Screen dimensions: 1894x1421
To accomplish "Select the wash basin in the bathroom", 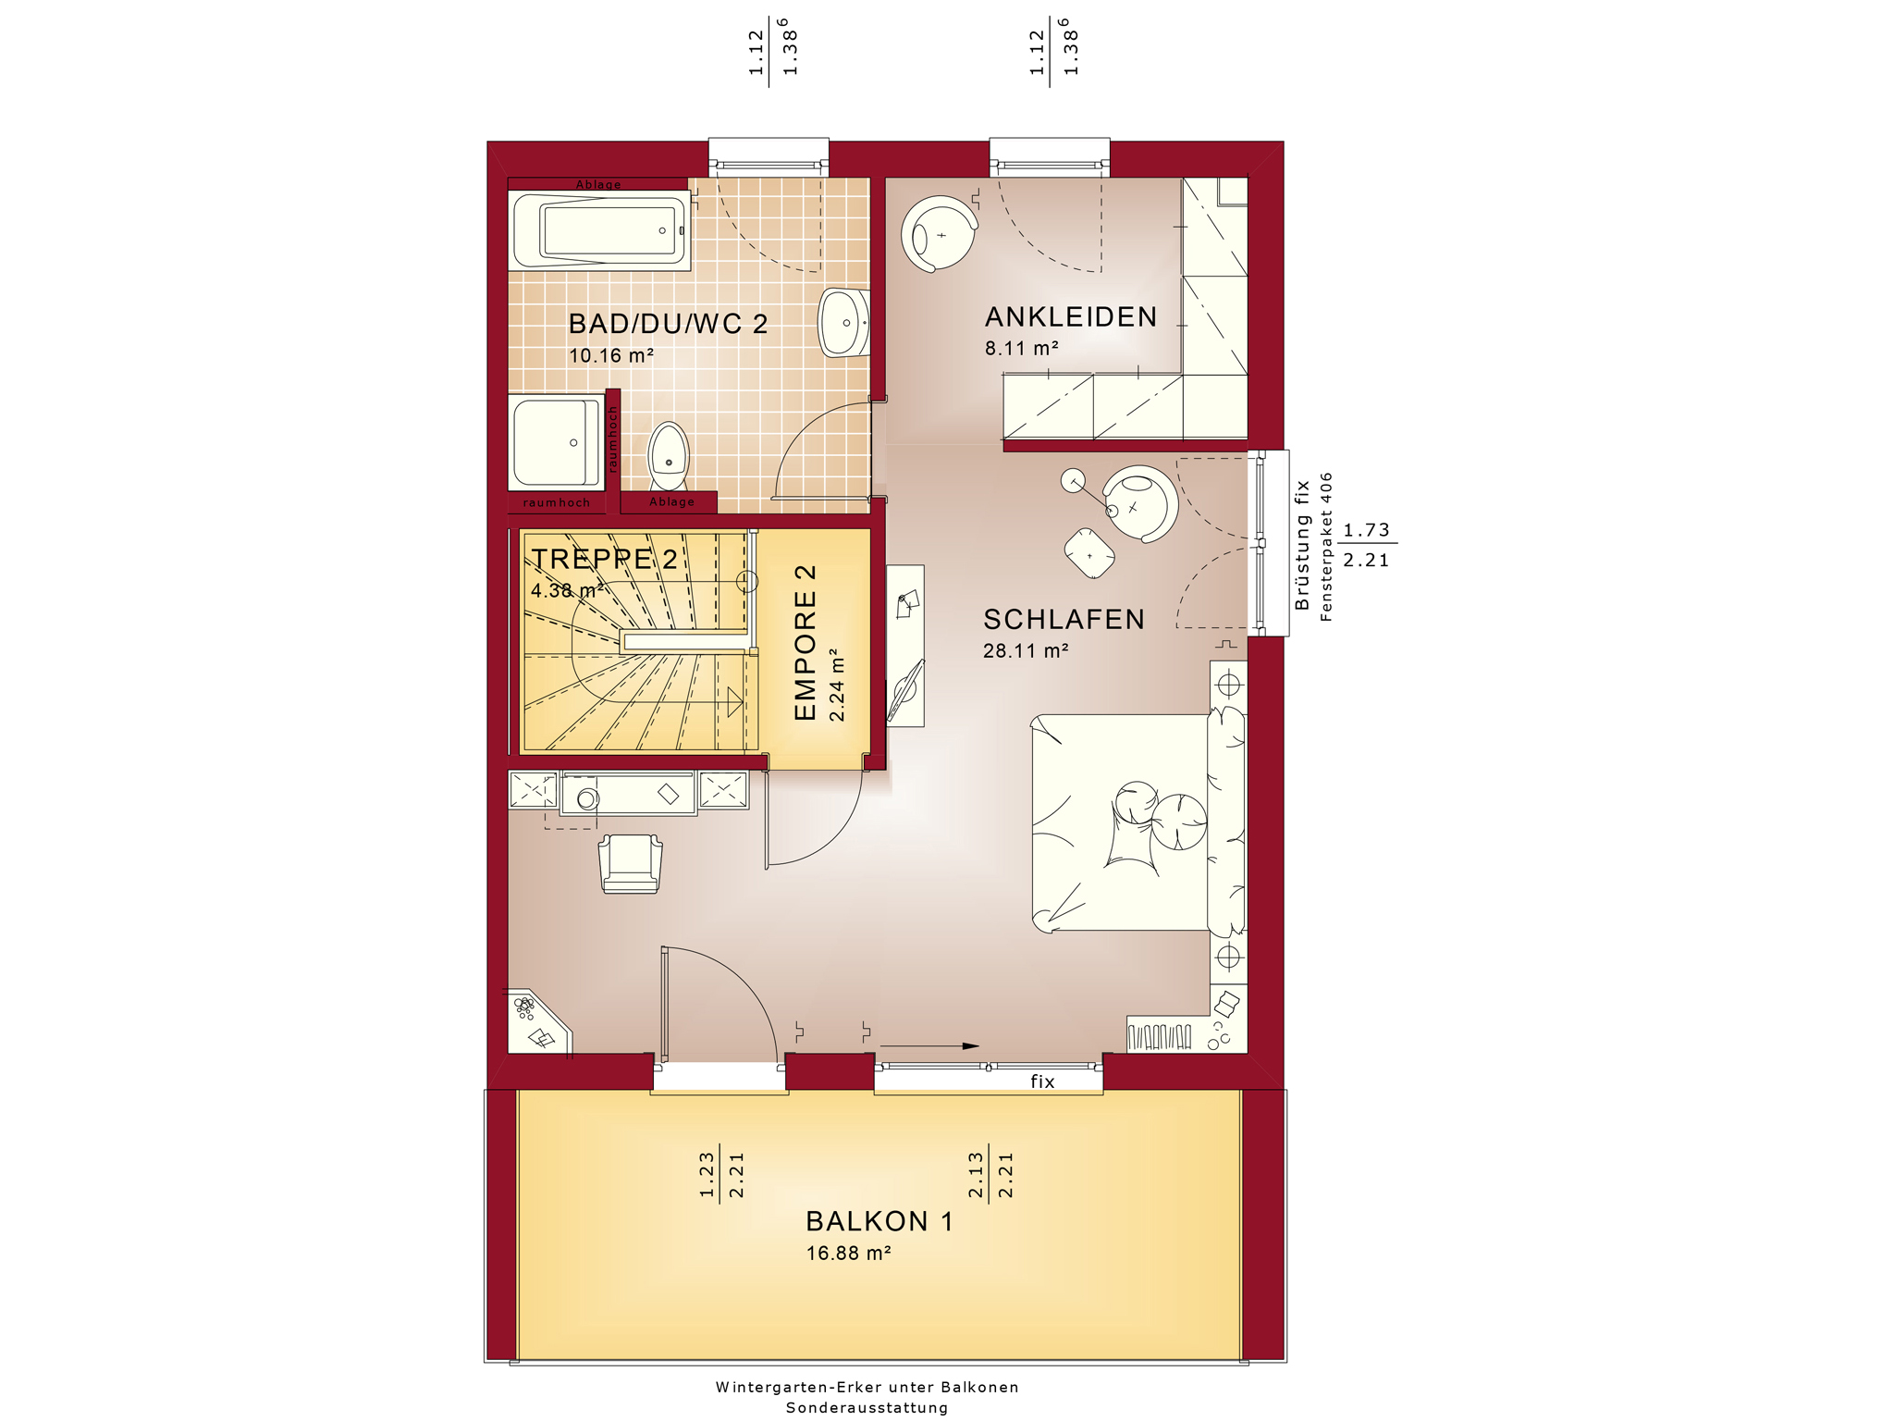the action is click(x=844, y=323).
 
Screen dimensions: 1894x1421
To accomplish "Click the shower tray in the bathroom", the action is click(x=556, y=442).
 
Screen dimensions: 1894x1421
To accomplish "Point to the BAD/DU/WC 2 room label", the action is click(x=668, y=324).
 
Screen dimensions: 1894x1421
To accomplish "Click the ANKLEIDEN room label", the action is click(x=1071, y=317).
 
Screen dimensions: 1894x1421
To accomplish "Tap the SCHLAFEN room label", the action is click(x=1064, y=619).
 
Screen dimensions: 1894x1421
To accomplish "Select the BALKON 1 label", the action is click(x=879, y=1221).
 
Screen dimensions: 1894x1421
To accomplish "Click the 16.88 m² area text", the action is click(x=848, y=1254).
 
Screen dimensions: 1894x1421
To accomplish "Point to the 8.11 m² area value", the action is click(x=1021, y=349).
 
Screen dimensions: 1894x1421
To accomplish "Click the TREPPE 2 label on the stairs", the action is click(x=605, y=559).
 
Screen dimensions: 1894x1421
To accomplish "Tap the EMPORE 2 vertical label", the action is click(x=806, y=642).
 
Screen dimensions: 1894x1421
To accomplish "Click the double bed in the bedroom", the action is click(x=1138, y=823).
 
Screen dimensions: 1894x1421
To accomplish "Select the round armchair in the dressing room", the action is click(x=940, y=234).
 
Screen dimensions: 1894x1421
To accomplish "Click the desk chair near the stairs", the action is click(x=631, y=864).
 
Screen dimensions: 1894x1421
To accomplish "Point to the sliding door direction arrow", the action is click(x=929, y=1046).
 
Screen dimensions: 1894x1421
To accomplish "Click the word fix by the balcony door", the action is click(x=1042, y=1081).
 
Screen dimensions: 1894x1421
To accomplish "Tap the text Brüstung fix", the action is click(x=1303, y=545).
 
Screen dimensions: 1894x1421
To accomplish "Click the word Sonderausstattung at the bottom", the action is click(x=867, y=1408).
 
